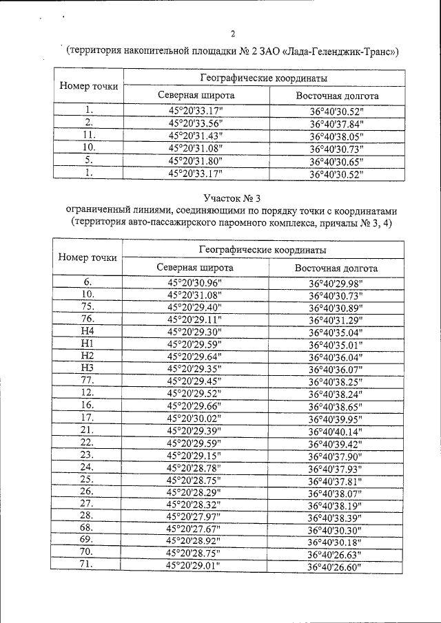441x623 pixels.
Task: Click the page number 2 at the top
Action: (x=232, y=34)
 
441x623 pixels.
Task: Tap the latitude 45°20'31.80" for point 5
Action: (x=195, y=161)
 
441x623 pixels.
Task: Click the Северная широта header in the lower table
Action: (x=194, y=267)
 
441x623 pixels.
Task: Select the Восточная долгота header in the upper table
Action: (x=337, y=96)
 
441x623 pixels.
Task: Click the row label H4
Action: (x=87, y=331)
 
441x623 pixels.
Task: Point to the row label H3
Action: (x=87, y=368)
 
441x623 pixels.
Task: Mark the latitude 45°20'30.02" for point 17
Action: (x=195, y=419)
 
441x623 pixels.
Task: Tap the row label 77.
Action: (x=87, y=381)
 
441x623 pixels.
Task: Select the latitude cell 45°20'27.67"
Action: (x=195, y=529)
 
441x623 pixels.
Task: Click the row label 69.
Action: (x=87, y=540)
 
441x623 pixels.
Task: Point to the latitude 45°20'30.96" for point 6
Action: (x=195, y=282)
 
